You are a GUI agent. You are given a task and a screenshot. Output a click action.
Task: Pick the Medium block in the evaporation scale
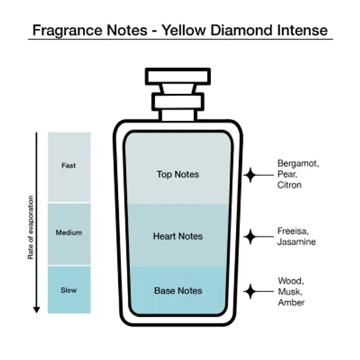click(69, 233)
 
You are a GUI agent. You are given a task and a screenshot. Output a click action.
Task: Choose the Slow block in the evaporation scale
click(69, 290)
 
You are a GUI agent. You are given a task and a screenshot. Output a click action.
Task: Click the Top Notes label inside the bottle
click(178, 174)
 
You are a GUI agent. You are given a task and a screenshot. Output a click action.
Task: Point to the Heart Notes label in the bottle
click(178, 236)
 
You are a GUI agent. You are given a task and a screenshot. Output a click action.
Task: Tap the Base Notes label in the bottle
click(178, 291)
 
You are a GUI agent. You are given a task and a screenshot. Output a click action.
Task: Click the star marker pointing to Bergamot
click(250, 175)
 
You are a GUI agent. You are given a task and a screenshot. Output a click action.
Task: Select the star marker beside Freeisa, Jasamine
click(250, 236)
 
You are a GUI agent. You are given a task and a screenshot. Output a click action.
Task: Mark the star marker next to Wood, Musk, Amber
click(250, 291)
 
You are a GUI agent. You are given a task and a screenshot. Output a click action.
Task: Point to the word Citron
click(289, 184)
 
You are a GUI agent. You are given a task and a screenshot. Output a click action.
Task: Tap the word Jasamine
click(297, 242)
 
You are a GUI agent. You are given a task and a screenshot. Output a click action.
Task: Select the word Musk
click(289, 292)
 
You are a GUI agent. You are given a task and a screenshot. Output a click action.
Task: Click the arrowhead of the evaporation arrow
click(36, 310)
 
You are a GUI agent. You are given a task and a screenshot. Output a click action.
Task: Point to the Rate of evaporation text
click(31, 227)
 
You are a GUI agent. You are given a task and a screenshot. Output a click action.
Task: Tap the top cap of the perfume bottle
click(178, 76)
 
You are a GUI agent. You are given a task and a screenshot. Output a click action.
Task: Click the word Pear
click(286, 174)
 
